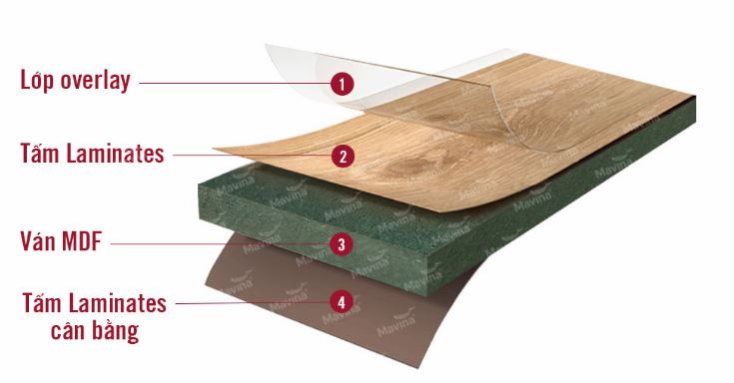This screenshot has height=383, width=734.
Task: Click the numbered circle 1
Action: point(342,84)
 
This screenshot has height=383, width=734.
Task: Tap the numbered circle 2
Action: point(342,156)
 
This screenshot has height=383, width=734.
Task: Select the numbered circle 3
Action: point(342,243)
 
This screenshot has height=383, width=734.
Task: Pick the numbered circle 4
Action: point(342,299)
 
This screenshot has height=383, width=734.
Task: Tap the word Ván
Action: point(39,240)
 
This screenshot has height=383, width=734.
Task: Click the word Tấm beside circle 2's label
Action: point(39,154)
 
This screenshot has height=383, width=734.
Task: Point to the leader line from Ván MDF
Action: point(220,243)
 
